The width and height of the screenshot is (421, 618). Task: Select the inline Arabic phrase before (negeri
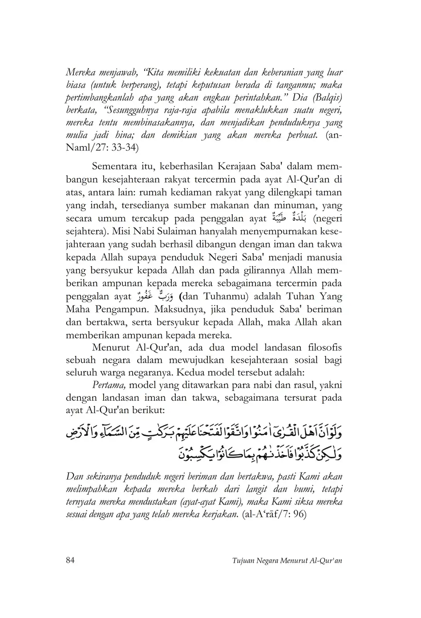pos(291,218)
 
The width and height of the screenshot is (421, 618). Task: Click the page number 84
pos(70,560)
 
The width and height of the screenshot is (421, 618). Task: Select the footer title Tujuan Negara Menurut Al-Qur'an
pos(287,561)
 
